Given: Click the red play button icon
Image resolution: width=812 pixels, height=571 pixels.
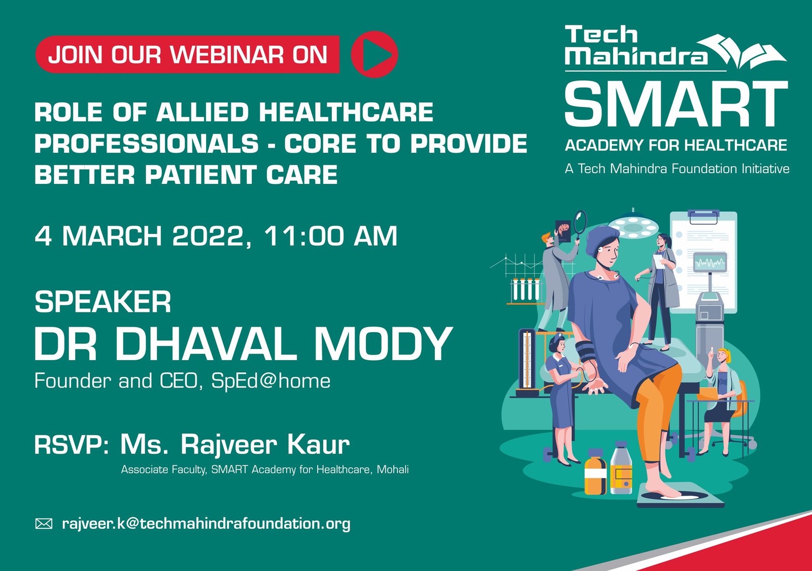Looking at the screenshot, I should (x=375, y=54).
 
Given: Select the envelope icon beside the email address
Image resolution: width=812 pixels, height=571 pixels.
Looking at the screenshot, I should (x=44, y=524).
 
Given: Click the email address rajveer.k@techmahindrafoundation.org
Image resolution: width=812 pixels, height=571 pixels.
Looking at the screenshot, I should (x=206, y=524).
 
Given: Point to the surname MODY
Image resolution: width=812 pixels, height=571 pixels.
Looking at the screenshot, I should (x=383, y=344).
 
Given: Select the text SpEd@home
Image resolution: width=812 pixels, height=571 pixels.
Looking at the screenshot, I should (x=270, y=381).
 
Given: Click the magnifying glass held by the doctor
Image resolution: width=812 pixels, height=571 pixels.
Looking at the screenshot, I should (x=580, y=222).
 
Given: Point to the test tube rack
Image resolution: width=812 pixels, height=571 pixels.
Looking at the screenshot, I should (x=525, y=290).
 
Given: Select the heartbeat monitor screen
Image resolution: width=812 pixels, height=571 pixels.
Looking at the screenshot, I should (x=710, y=263).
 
